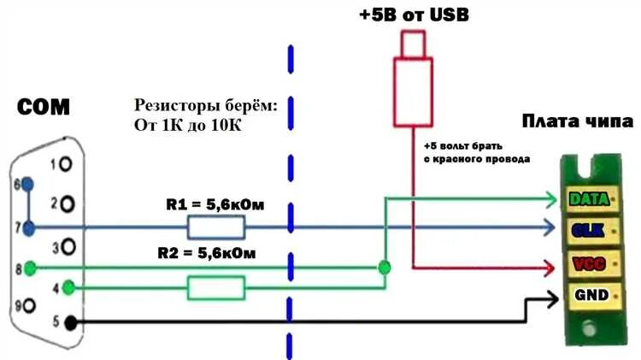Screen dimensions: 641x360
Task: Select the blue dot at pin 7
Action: pyautogui.click(x=31, y=228)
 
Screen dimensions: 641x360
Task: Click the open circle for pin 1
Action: pyautogui.click(x=68, y=163)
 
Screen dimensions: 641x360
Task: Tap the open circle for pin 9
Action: pyautogui.click(x=30, y=305)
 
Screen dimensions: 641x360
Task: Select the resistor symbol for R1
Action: pyautogui.click(x=216, y=228)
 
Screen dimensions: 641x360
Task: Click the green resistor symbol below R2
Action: pyautogui.click(x=216, y=288)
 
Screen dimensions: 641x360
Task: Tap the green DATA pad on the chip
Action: pyautogui.click(x=588, y=199)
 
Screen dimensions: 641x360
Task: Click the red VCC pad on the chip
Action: pyautogui.click(x=588, y=264)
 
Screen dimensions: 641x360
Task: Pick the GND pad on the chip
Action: pyautogui.click(x=588, y=296)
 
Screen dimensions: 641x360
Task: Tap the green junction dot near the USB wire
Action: pyautogui.click(x=385, y=267)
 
